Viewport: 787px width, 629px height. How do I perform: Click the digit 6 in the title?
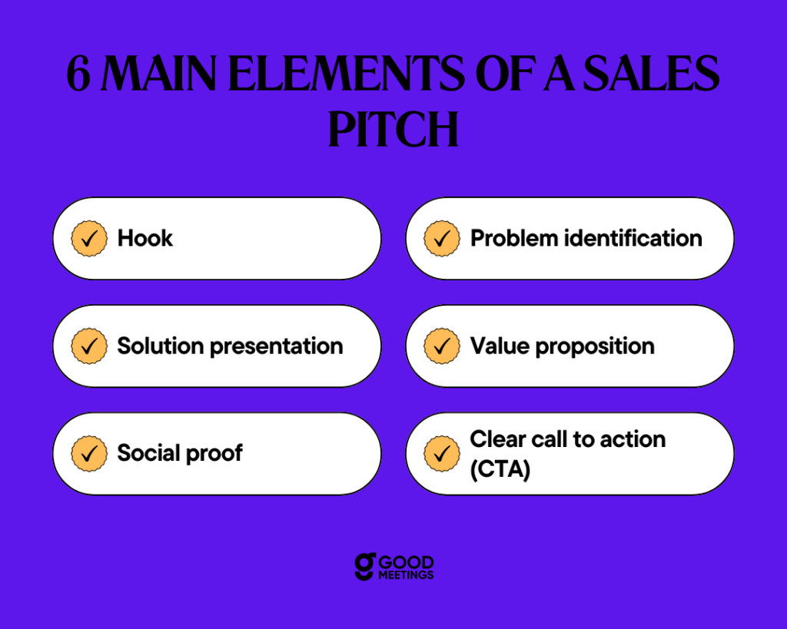(x=79, y=74)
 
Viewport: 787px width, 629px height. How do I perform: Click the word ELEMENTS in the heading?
(x=347, y=74)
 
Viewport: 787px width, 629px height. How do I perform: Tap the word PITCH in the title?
(x=393, y=129)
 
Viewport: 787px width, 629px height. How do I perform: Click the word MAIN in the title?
(x=159, y=74)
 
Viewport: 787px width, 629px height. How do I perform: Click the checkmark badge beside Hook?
(x=89, y=239)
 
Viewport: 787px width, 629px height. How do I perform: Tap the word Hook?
(x=145, y=238)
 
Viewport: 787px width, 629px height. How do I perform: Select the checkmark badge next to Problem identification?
(x=442, y=239)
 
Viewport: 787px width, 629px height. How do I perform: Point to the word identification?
(x=633, y=238)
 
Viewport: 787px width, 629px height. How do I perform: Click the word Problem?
(x=514, y=238)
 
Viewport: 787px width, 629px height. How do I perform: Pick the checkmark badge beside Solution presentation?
(x=89, y=346)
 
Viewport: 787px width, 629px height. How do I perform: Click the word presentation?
(x=277, y=346)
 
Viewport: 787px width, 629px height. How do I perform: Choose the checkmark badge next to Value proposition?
(x=442, y=346)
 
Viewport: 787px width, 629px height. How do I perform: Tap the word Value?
(x=500, y=346)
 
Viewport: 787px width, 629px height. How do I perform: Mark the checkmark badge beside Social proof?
(x=89, y=453)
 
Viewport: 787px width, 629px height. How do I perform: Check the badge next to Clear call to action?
(x=442, y=453)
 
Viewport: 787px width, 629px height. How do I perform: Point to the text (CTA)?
(x=500, y=469)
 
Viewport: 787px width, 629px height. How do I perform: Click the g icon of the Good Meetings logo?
(x=365, y=566)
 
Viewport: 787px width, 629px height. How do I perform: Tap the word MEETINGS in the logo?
(x=406, y=574)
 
